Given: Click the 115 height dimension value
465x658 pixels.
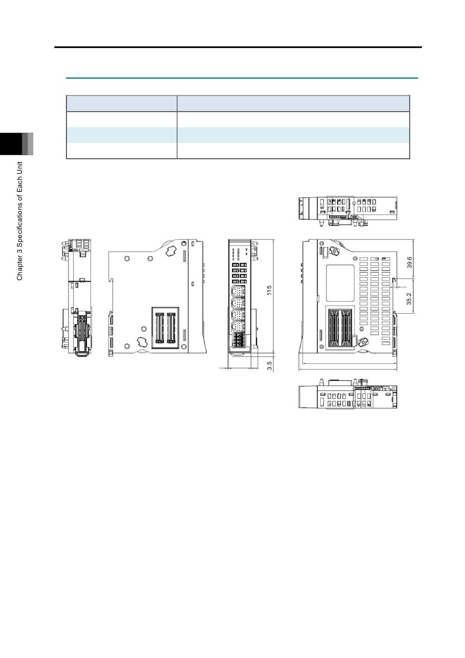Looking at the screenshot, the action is click(x=269, y=290).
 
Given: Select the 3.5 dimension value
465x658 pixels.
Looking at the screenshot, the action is click(x=269, y=365).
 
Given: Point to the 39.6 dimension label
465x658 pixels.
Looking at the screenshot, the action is click(x=409, y=262).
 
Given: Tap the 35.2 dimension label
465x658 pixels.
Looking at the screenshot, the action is click(x=409, y=299).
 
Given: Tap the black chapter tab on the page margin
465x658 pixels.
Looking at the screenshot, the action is click(x=11, y=144).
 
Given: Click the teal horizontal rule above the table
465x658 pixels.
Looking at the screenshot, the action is click(x=242, y=78).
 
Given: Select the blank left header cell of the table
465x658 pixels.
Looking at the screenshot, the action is click(x=121, y=103).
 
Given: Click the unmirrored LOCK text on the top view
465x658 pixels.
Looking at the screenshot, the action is click(x=352, y=217).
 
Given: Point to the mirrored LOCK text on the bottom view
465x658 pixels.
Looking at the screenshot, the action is click(x=376, y=389).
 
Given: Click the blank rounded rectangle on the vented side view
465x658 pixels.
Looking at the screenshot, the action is click(x=340, y=283).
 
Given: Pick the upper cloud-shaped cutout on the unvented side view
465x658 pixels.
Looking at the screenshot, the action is click(x=171, y=251).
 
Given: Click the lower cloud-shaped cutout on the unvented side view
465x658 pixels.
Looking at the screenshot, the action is click(x=142, y=341).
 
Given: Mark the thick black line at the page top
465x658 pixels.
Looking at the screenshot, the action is click(x=238, y=47).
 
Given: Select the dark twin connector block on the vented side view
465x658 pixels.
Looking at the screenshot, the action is click(x=340, y=327).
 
